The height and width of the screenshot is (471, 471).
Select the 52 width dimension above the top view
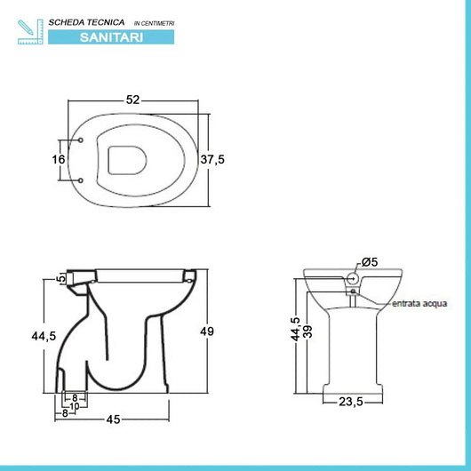pos(133,100)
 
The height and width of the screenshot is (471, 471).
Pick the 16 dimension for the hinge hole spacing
pos(60,160)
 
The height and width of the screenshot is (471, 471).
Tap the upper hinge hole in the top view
pos(82,140)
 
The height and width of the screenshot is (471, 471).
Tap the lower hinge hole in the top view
pos(82,181)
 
